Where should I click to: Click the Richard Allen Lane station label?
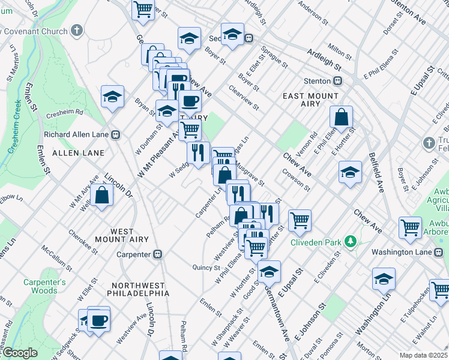[x=78, y=134]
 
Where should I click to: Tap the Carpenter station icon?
[x=158, y=254]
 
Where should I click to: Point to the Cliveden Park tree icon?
[x=351, y=242]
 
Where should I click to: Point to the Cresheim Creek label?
[x=15, y=129]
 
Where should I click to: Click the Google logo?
[x=19, y=353]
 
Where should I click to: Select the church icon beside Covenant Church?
[x=76, y=30]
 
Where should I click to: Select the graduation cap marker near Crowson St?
[x=350, y=172]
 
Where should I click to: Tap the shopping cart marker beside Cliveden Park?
[x=300, y=219]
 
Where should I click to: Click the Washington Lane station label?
[x=402, y=252]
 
